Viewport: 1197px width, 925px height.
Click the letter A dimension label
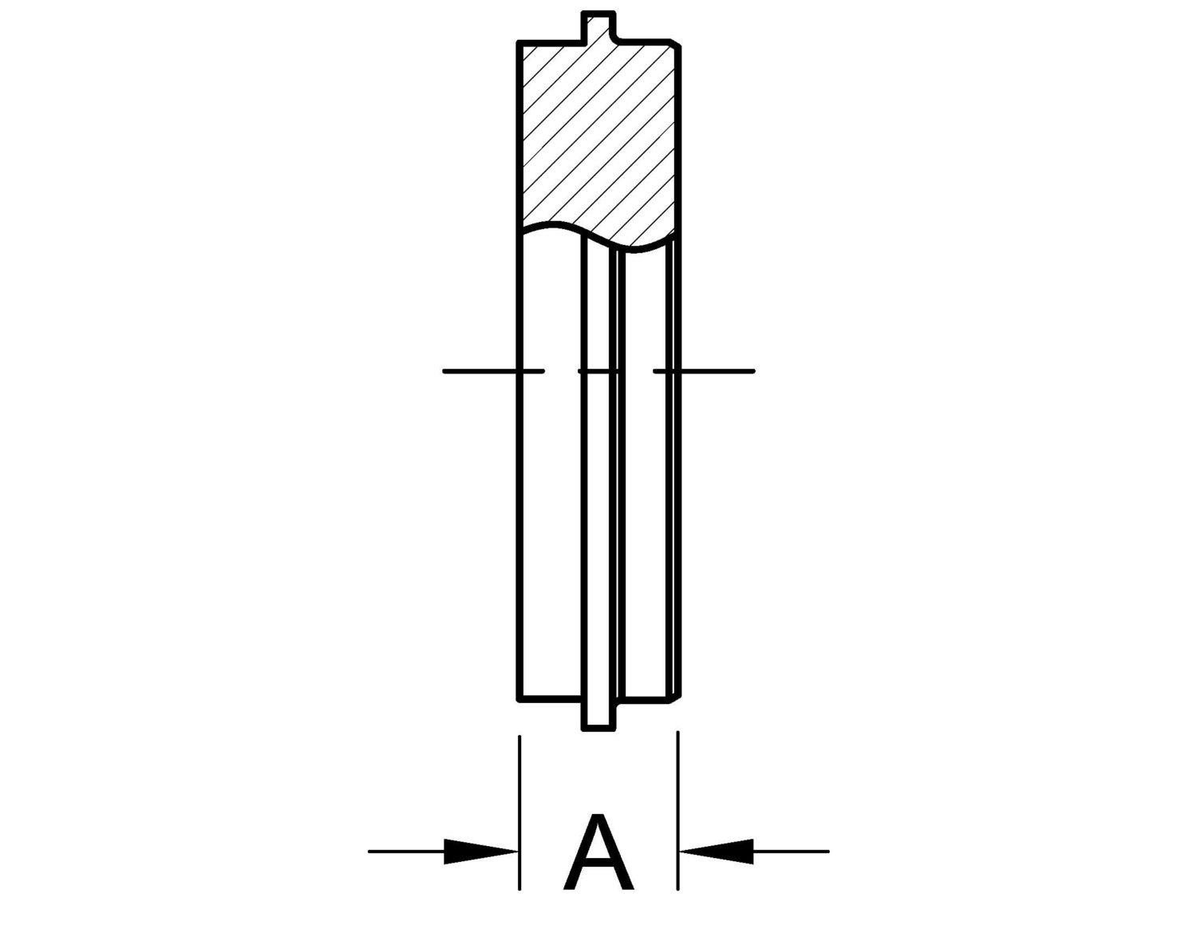[598, 853]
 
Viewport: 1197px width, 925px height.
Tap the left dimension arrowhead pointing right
[479, 851]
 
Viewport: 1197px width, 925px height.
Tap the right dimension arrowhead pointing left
[718, 851]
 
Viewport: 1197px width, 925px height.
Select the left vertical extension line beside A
[519, 814]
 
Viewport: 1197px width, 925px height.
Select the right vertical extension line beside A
[678, 814]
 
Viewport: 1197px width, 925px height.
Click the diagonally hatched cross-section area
[598, 136]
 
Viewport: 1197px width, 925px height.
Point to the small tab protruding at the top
[598, 25]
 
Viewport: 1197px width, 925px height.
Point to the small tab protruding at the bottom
[598, 714]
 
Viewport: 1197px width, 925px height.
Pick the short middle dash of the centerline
[598, 371]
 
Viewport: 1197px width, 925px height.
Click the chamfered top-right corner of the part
[676, 42]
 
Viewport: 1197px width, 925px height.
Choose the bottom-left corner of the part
[519, 698]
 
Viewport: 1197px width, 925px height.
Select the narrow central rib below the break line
[598, 479]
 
